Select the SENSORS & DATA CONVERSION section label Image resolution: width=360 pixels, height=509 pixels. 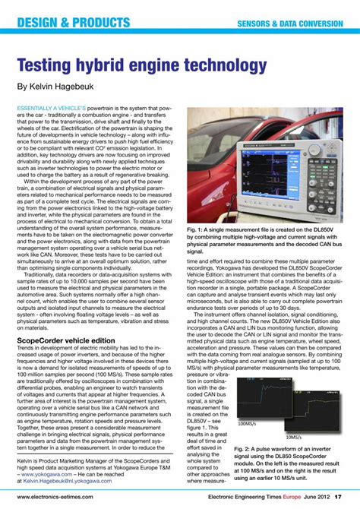(289, 24)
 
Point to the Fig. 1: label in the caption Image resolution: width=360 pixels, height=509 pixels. (195, 229)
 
